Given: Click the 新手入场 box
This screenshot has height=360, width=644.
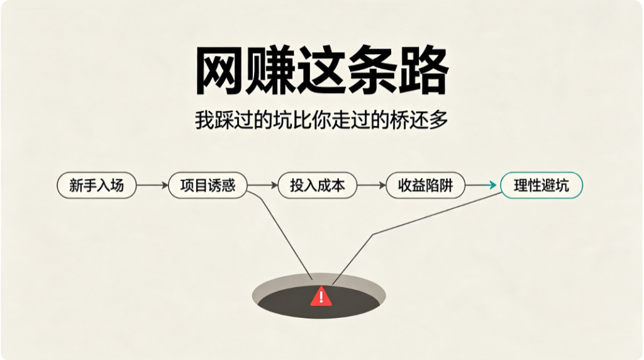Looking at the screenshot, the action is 96,185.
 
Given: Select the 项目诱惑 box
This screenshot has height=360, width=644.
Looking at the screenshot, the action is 208,185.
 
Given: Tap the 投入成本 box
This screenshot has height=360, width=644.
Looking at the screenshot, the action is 318,185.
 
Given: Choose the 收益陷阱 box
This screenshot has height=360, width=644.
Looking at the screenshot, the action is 426,185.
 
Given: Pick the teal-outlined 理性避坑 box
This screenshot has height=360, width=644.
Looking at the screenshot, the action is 541,185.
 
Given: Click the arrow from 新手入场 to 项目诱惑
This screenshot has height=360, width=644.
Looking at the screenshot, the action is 152,185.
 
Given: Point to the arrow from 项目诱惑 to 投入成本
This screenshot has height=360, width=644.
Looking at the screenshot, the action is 262,185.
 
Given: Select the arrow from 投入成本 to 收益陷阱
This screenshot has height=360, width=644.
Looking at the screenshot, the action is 371,185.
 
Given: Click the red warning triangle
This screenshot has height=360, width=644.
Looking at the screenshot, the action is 321,296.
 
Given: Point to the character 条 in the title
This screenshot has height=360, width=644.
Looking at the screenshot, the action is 373,70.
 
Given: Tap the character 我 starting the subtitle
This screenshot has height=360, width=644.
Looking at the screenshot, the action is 204,120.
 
